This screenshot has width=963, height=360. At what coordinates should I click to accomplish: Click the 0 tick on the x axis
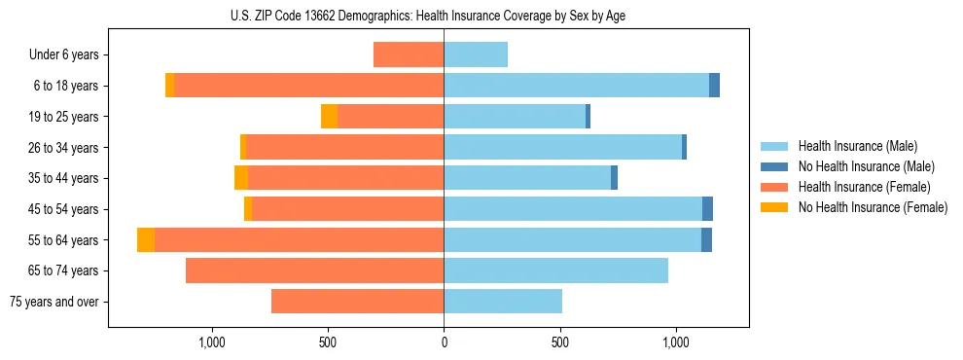(444, 342)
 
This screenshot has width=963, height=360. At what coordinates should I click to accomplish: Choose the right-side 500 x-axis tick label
(559, 342)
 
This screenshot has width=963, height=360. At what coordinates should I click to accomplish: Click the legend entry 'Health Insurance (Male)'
(857, 146)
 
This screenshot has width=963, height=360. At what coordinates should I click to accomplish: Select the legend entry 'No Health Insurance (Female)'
(873, 207)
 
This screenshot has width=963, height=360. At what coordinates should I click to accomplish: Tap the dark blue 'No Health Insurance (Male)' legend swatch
(775, 166)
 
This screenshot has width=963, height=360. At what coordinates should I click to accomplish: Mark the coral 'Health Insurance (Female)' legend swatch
(775, 187)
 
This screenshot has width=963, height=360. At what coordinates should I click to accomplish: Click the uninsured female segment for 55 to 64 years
(146, 240)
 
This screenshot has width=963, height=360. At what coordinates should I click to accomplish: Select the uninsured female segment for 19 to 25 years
(330, 117)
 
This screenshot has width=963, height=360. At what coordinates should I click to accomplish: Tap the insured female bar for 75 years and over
(357, 302)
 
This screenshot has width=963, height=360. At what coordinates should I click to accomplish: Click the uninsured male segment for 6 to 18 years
(714, 86)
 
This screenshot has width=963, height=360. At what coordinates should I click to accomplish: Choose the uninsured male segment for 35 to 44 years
(614, 178)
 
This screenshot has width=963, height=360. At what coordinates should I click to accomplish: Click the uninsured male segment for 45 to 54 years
(707, 209)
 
